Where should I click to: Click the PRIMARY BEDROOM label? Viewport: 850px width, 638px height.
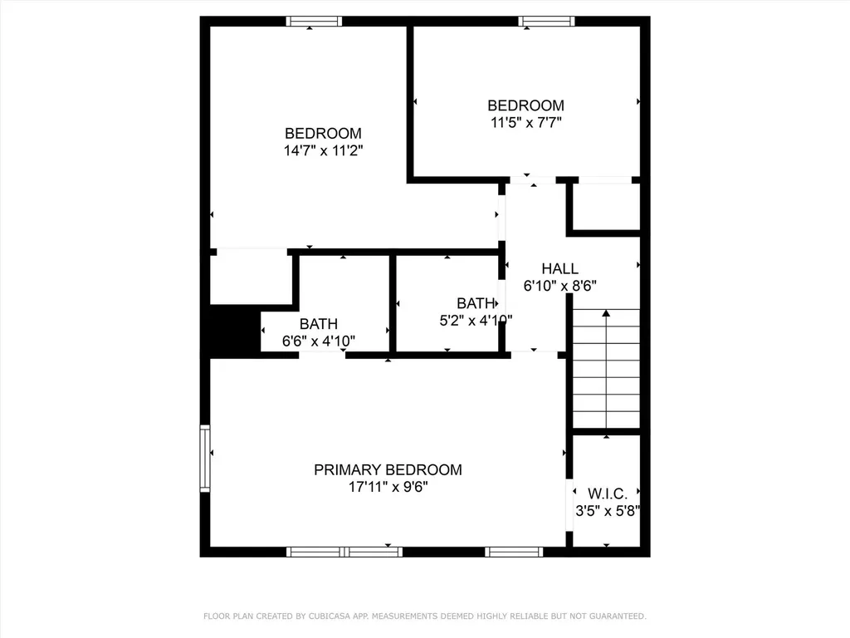[x=388, y=470]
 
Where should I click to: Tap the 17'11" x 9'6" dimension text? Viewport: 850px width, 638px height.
[x=388, y=487]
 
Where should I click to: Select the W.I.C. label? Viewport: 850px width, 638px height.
[x=607, y=493]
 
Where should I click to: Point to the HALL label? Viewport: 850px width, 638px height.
[x=560, y=268]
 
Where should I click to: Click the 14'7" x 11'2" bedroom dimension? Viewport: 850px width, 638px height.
[x=323, y=150]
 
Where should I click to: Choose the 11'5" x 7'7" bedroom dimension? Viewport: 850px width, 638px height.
[x=525, y=122]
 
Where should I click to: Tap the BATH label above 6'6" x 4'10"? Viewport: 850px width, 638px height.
[x=319, y=324]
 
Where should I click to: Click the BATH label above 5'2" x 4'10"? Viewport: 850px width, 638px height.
[x=476, y=303]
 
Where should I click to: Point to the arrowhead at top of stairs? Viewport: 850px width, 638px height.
[x=606, y=313]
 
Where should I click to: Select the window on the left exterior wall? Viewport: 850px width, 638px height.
[x=205, y=459]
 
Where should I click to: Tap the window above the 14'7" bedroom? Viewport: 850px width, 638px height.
[x=314, y=21]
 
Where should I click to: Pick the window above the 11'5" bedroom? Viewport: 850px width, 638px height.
[x=546, y=21]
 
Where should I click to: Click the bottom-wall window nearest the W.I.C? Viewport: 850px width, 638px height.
[x=514, y=552]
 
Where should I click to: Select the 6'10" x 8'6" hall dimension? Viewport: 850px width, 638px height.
[x=560, y=286]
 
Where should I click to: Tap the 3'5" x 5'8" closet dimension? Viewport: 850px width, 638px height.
[x=608, y=511]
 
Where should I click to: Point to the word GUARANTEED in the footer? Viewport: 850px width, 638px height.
[x=615, y=616]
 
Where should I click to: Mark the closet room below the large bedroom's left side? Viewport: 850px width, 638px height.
[x=251, y=277]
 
